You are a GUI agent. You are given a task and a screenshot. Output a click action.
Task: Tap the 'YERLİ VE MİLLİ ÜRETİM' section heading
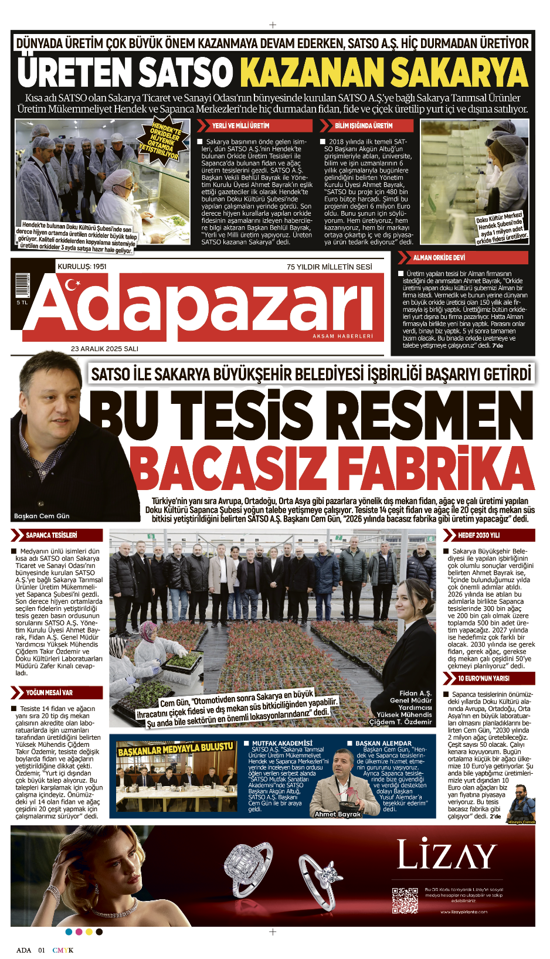coord(240,125)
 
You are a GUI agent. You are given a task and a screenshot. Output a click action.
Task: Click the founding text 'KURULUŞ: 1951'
coord(82,267)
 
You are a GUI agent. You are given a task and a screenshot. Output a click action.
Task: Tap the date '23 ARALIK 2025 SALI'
coord(104,349)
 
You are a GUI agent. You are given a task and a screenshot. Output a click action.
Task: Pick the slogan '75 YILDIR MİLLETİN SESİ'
coord(329,267)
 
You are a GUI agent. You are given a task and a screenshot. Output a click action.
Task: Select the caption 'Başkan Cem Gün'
coord(42,516)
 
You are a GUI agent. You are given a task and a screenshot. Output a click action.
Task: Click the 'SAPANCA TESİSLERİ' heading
coord(51,535)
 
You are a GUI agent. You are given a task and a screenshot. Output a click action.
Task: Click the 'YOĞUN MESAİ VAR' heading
coord(49,692)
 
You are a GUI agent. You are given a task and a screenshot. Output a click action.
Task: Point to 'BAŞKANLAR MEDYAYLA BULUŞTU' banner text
coord(175,750)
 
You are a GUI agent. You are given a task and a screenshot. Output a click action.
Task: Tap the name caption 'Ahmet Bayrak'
coord(338,814)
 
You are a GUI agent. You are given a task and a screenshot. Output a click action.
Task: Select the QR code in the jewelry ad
coord(405,900)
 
